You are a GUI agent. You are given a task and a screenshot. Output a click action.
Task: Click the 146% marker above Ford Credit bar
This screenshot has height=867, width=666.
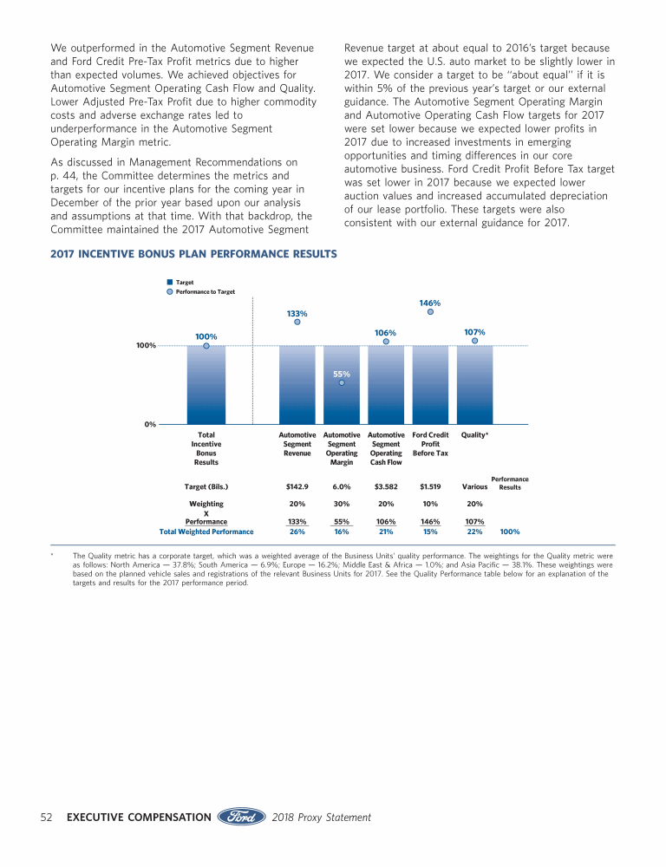click(430, 314)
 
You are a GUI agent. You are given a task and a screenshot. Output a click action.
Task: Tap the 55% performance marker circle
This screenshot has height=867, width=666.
click(342, 382)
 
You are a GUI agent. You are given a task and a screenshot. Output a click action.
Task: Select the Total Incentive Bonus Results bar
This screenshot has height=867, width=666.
click(206, 384)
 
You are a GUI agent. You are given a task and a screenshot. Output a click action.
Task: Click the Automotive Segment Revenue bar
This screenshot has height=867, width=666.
click(297, 384)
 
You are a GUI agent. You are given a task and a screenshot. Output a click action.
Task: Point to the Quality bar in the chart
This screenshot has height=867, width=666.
click(474, 384)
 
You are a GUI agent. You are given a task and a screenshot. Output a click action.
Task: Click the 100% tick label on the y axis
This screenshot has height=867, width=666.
click(145, 346)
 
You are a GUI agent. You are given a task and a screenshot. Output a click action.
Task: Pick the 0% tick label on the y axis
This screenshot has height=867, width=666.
click(149, 424)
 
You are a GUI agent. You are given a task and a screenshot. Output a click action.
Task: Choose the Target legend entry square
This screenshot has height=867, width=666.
click(170, 283)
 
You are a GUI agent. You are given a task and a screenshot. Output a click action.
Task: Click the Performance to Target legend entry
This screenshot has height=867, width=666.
click(205, 292)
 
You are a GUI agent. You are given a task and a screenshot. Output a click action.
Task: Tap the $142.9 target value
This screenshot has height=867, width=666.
click(297, 486)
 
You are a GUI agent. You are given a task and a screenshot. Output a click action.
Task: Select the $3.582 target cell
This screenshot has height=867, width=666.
click(386, 486)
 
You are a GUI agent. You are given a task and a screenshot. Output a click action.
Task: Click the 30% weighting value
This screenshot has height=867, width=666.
click(342, 504)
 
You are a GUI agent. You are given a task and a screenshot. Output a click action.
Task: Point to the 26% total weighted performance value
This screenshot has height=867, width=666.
click(297, 531)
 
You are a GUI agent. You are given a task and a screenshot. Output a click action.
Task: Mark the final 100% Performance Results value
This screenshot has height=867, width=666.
click(510, 531)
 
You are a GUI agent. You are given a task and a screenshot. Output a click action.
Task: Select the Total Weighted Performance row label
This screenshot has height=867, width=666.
click(206, 531)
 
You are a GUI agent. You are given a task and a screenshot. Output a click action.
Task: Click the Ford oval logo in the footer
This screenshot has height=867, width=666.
click(241, 817)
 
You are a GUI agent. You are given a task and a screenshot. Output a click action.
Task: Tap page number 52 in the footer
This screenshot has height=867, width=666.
click(49, 817)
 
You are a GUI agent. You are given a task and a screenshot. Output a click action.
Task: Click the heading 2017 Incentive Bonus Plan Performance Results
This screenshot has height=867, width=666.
click(194, 253)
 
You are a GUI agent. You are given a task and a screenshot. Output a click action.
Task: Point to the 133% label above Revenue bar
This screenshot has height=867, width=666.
click(297, 313)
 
